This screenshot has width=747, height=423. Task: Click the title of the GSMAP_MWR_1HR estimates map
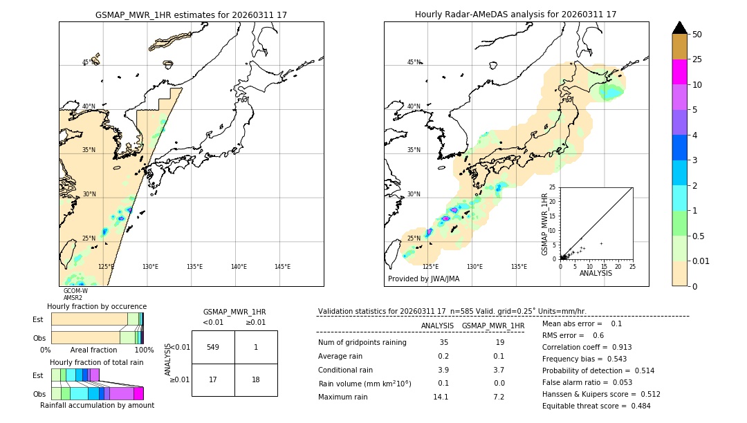pos(191,15)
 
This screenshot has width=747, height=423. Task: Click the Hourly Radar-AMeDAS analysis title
pos(515,15)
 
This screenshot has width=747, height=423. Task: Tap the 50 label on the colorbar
pos(697,35)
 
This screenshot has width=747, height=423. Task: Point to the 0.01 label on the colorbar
pos(701,261)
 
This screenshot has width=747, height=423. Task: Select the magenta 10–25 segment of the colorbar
pos(679,72)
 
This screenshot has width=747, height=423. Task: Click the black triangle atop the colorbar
pos(679,28)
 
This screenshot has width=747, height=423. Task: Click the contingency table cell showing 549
pos(213,347)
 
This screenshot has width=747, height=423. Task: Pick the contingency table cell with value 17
pos(213,379)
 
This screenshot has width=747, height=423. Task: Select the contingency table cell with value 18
pos(256,379)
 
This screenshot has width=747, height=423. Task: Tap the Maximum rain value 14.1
pos(441,397)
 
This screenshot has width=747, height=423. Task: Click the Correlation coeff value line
pos(587,347)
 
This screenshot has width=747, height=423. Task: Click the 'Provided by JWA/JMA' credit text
pos(423,279)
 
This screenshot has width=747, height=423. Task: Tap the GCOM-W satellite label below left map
pos(75,291)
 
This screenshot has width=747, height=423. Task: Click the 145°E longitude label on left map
pos(282,267)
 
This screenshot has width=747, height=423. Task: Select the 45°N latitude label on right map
pos(414,62)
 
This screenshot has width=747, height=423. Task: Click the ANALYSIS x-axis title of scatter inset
pos(596,273)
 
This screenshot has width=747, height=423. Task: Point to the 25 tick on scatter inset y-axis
pos(553,187)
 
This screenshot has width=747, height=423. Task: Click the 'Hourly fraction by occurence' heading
pos(97,306)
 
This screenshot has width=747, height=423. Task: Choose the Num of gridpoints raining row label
pos(362,342)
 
